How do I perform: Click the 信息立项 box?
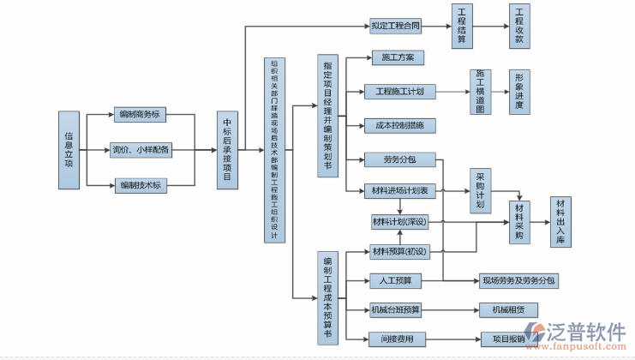point(69,149)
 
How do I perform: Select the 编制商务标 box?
point(141,113)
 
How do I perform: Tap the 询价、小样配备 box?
point(141,150)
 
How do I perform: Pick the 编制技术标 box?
point(141,185)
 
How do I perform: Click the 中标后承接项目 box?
point(227,150)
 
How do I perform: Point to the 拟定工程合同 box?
point(396,26)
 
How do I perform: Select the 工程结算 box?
point(462,26)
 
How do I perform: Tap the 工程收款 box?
point(519,26)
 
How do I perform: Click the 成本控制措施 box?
point(399,125)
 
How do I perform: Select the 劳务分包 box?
point(399,159)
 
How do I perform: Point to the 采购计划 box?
point(480,191)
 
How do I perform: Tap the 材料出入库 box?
point(561,221)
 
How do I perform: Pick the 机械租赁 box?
point(508,309)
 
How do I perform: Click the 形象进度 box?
point(519,92)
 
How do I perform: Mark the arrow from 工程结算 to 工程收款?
point(490,26)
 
